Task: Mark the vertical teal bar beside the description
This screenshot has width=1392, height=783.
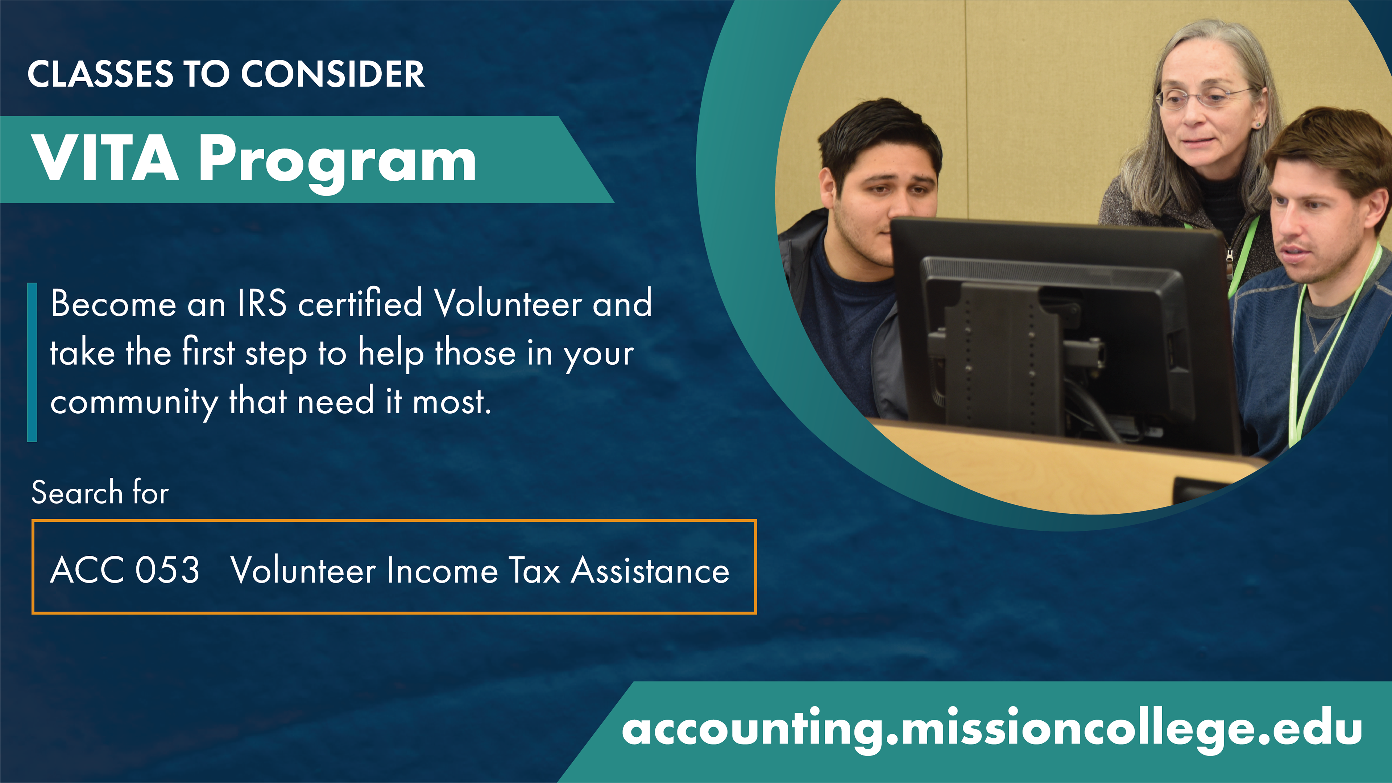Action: [32, 362]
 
